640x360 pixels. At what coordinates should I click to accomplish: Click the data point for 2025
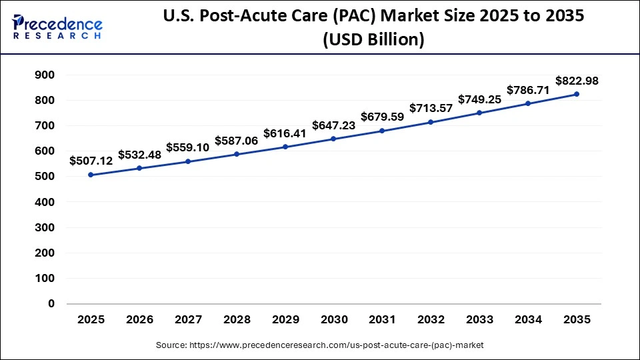point(91,175)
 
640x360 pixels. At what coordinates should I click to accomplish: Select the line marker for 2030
point(333,139)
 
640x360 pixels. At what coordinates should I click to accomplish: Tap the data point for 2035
point(577,94)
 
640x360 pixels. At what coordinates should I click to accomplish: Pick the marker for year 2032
point(431,122)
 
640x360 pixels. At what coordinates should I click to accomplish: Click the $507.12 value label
point(91,161)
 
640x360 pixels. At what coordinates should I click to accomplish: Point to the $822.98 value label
point(577,81)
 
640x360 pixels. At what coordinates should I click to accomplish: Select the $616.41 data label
point(285,133)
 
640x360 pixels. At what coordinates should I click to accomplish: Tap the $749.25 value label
point(479,99)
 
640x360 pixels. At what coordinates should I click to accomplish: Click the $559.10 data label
point(187,147)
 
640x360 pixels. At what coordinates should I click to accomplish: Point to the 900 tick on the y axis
point(45,75)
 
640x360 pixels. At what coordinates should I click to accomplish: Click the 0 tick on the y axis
point(51,303)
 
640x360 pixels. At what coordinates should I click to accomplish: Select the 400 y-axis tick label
point(45,202)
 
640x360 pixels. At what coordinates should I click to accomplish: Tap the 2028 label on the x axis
point(236,320)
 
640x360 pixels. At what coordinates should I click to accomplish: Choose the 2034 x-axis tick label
point(528,320)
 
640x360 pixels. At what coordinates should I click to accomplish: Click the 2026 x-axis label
point(139,320)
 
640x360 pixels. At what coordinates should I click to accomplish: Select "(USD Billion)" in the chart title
point(373,39)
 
